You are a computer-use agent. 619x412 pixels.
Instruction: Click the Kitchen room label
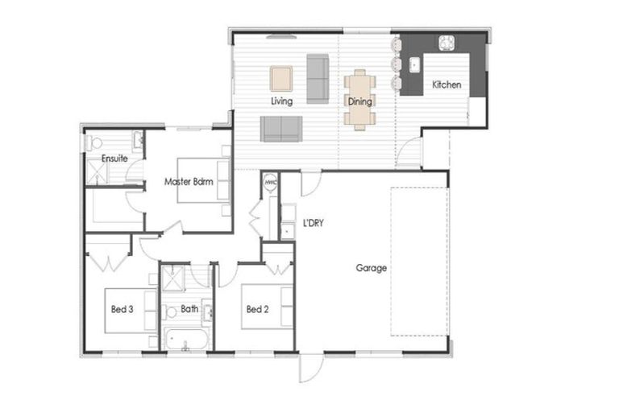[447, 84]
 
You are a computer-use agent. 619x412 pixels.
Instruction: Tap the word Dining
[359, 101]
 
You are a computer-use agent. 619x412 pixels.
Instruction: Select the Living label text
[281, 101]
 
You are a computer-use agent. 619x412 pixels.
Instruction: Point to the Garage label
[371, 268]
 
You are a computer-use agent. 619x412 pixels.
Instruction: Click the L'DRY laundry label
[313, 223]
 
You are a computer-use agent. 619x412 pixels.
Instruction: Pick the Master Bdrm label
[189, 182]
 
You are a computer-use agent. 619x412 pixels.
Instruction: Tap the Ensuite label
[114, 159]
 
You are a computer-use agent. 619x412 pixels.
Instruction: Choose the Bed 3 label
[122, 310]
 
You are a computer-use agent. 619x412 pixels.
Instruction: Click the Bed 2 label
[257, 310]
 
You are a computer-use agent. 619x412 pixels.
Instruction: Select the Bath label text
[189, 309]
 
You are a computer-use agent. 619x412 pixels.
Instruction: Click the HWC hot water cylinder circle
[271, 182]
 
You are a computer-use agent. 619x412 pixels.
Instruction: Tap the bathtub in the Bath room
[186, 339]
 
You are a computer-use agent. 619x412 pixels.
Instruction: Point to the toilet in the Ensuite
[93, 142]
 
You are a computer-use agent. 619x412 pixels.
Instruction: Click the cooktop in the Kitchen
[447, 43]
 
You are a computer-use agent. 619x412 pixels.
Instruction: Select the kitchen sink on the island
[414, 65]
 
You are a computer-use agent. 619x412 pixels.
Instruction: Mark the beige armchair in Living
[281, 79]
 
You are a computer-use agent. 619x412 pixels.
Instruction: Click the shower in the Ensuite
[97, 171]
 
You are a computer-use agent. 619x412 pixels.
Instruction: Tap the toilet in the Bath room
[170, 313]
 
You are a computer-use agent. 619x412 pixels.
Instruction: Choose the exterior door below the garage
[311, 368]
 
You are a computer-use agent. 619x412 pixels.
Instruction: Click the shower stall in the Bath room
[173, 278]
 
